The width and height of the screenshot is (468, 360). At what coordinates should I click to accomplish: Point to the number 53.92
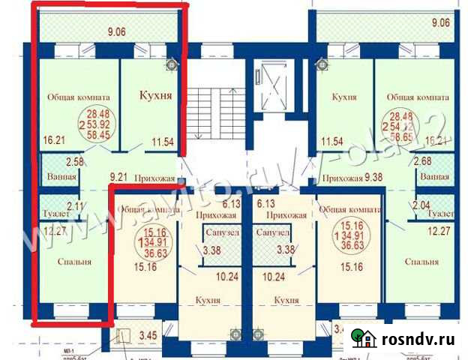coord(98,125)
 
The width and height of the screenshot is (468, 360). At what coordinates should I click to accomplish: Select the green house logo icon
coord(365,339)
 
